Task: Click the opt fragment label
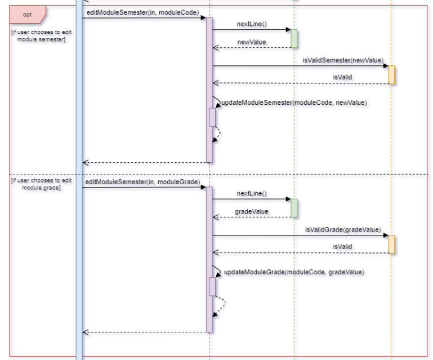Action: tap(26, 14)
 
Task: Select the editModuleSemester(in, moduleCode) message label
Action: tap(142, 12)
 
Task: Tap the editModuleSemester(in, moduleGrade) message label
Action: tap(142, 182)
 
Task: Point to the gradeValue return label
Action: tap(251, 212)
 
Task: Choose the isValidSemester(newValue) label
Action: tap(342, 60)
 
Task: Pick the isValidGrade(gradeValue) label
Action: tap(342, 230)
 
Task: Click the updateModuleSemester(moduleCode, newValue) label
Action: tap(294, 103)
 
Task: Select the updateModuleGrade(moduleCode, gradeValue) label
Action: tap(294, 272)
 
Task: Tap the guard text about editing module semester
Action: tap(41, 35)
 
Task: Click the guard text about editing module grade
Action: tap(41, 184)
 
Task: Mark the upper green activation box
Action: tap(293, 38)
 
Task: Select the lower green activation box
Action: tap(293, 208)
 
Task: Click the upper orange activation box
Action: tap(391, 75)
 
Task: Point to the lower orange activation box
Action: tap(391, 245)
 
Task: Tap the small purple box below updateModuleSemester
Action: tap(212, 117)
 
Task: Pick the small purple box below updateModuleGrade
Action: tap(212, 286)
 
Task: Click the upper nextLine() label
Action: tap(251, 24)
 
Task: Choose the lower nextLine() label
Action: tap(251, 194)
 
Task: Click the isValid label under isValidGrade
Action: tap(342, 247)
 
